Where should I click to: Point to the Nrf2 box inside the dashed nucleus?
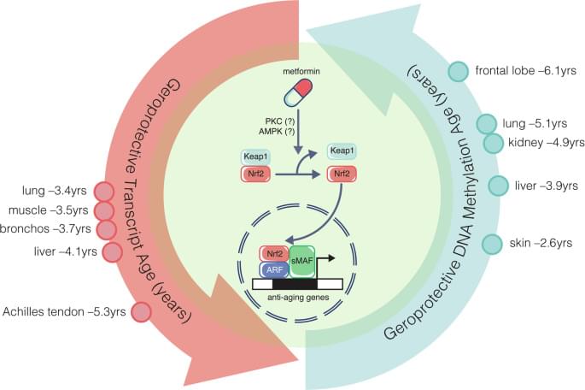point(272,254)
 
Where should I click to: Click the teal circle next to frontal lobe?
point(458,72)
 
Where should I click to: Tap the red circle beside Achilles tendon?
point(140,313)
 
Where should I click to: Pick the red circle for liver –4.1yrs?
point(113,252)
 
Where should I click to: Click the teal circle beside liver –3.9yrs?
point(500,186)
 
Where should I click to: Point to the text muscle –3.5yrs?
point(54,210)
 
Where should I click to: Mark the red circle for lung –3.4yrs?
point(102,192)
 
